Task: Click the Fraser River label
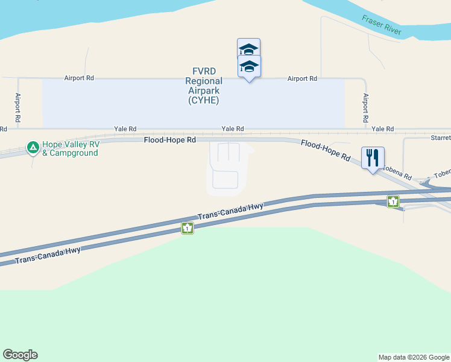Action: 382,26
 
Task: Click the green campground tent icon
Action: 33,147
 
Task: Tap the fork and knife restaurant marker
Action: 372,158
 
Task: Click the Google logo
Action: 20,355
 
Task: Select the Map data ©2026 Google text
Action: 414,357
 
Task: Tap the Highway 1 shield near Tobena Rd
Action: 393,202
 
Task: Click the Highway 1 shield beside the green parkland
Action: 188,228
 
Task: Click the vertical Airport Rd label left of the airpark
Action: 18,109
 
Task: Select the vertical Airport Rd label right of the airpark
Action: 365,109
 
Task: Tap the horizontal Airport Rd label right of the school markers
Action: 302,79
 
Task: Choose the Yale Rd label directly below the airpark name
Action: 233,129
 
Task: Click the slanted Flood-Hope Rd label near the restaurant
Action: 326,151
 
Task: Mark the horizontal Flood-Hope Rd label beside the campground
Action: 169,140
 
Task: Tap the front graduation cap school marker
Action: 249,66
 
